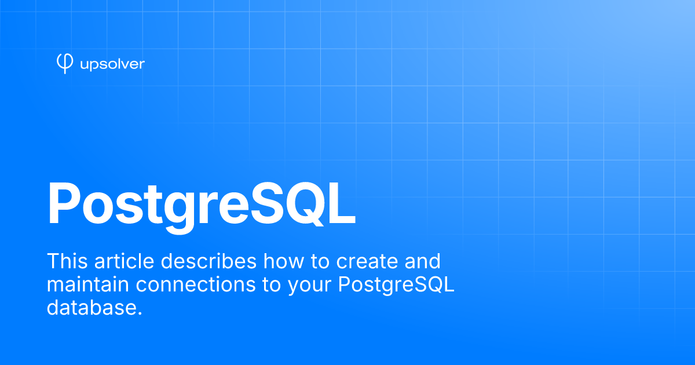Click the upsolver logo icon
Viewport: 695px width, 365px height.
click(65, 64)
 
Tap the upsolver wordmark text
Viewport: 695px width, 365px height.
click(112, 64)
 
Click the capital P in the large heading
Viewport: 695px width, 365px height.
click(63, 203)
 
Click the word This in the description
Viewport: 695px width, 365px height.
click(67, 261)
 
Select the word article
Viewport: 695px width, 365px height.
click(124, 261)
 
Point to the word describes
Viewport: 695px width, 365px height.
click(209, 261)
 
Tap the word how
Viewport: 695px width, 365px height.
click(284, 261)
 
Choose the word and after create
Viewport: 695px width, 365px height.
click(423, 261)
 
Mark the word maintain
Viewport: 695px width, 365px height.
click(88, 284)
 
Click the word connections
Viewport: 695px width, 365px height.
click(196, 284)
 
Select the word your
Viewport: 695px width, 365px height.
click(310, 287)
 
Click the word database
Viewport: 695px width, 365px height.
click(94, 308)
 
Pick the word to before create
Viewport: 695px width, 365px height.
click(320, 261)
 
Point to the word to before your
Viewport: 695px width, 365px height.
click(272, 285)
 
